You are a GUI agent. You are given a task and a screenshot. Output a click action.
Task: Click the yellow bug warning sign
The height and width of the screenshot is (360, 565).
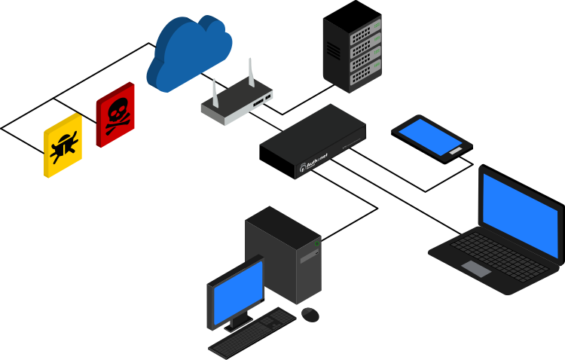point(63,145)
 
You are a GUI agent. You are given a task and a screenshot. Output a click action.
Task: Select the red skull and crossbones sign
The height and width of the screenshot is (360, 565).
point(115,114)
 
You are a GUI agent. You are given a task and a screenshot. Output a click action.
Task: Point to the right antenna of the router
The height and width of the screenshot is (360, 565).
point(251,73)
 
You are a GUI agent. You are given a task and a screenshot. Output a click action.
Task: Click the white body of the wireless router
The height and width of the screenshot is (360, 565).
point(235,106)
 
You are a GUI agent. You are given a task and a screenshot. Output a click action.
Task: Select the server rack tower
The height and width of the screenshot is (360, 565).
point(352,54)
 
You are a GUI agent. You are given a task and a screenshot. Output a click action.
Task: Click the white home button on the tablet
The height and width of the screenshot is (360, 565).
point(455,151)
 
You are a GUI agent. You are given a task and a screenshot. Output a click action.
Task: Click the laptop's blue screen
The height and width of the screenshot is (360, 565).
point(521,215)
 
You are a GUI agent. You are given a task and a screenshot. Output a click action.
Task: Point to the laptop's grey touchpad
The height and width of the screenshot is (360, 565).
point(476,269)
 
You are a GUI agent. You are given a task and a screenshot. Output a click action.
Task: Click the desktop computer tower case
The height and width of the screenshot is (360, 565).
point(285,252)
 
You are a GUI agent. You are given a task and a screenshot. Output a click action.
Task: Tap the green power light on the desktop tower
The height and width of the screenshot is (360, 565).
point(316,243)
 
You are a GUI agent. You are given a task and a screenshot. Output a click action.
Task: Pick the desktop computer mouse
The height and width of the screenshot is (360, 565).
point(310,314)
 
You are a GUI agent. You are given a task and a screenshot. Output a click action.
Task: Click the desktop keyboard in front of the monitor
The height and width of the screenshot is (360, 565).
point(252,332)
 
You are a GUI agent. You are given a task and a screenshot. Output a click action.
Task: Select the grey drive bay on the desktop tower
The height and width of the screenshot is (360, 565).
point(310,257)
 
